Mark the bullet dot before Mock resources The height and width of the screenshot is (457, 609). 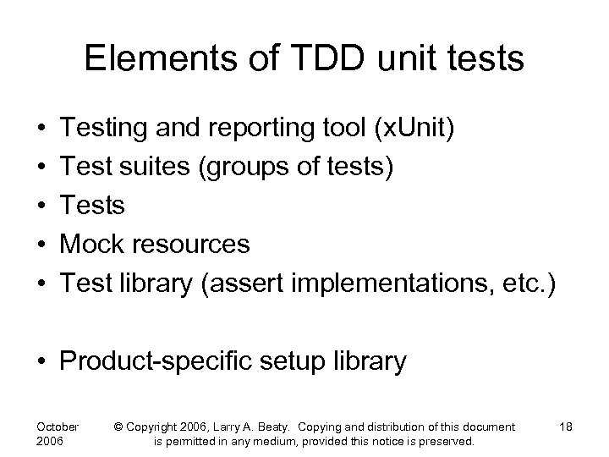[41, 245]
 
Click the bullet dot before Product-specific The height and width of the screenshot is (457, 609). [41, 362]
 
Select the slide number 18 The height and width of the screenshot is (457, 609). [565, 427]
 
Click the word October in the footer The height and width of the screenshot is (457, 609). [58, 427]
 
